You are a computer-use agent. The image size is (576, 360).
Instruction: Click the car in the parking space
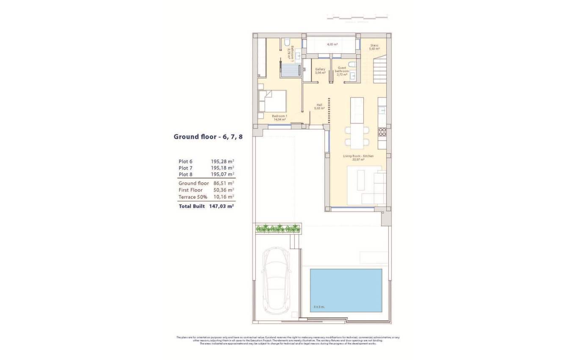coord(277,281)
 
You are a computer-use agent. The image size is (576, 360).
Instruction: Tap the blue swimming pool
coord(346,290)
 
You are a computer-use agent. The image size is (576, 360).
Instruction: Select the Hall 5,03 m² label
coord(320,107)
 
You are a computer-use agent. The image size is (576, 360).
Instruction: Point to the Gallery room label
coord(320,71)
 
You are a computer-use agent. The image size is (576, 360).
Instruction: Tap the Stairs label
coord(374,47)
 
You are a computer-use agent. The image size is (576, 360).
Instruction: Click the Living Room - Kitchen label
coord(358,158)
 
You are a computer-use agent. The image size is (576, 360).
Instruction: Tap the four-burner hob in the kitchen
coord(382,132)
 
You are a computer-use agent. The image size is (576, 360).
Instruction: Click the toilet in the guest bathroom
coord(351,65)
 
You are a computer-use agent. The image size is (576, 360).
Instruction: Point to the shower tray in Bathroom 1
coord(291,69)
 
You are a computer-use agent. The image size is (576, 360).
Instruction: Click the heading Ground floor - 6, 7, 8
coord(208,137)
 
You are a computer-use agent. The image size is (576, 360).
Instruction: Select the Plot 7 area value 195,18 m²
coord(222,168)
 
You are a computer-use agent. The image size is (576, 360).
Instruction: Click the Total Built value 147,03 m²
coord(222,206)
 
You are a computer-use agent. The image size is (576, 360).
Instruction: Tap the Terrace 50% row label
coord(193,197)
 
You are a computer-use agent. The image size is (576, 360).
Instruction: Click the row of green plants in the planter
coord(278,229)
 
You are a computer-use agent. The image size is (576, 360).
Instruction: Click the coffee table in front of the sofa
coord(360,180)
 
